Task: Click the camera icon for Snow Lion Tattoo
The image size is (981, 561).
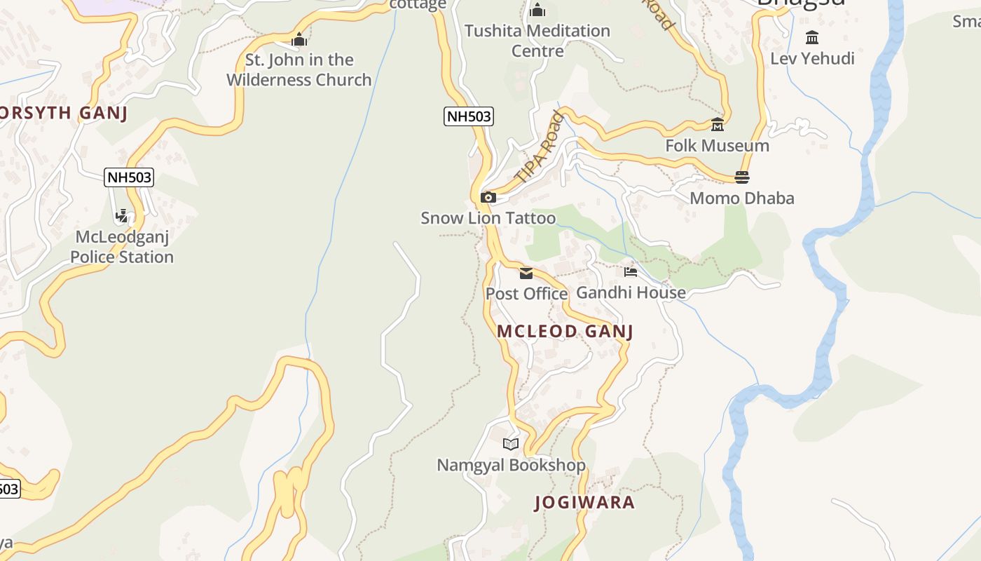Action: [488, 198]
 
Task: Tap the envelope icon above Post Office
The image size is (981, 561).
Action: [526, 273]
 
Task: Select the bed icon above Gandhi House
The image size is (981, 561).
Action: [631, 272]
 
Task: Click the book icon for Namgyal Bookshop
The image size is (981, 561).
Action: [511, 444]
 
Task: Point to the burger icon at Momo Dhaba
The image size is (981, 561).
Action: [742, 177]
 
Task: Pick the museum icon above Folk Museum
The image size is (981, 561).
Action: [717, 125]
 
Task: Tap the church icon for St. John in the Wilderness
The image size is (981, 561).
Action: [299, 39]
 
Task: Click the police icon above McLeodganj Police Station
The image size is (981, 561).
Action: [122, 216]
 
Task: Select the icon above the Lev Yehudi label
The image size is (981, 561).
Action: [812, 38]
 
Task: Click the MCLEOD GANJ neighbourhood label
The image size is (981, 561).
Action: [565, 331]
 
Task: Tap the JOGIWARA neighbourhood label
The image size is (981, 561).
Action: [584, 502]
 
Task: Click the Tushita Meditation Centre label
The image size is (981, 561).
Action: [537, 41]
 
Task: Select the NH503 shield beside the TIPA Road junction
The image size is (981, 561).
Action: [469, 116]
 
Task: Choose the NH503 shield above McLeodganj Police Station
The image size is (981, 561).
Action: [129, 177]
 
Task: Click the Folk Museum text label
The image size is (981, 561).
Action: [717, 146]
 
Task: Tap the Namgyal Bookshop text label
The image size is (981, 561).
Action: [511, 465]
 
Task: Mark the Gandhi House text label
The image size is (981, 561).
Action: [631, 292]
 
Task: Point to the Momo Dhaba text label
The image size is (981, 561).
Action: [742, 198]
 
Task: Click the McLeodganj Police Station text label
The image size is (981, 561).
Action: [122, 247]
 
